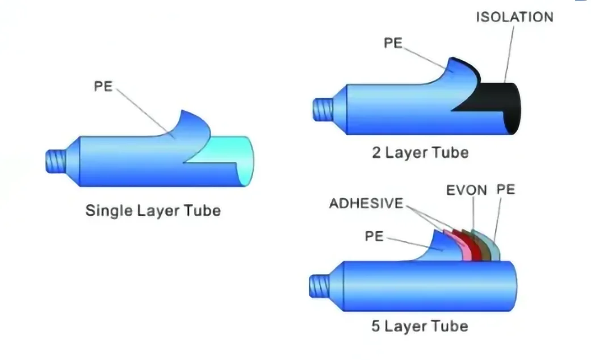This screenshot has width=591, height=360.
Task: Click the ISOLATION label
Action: tap(514, 16)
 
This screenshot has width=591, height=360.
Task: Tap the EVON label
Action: tap(466, 190)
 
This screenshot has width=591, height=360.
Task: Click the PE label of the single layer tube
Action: tap(104, 86)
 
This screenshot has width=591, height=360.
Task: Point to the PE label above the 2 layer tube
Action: tap(393, 43)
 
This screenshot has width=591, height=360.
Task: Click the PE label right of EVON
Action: tap(505, 189)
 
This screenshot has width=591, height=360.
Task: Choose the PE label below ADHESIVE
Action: tap(374, 236)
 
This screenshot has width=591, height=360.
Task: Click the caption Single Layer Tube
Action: tap(153, 211)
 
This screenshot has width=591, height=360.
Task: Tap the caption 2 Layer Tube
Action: tap(420, 152)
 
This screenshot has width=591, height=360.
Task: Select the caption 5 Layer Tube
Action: tap(420, 326)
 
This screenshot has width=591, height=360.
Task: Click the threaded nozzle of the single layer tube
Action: tap(56, 161)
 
